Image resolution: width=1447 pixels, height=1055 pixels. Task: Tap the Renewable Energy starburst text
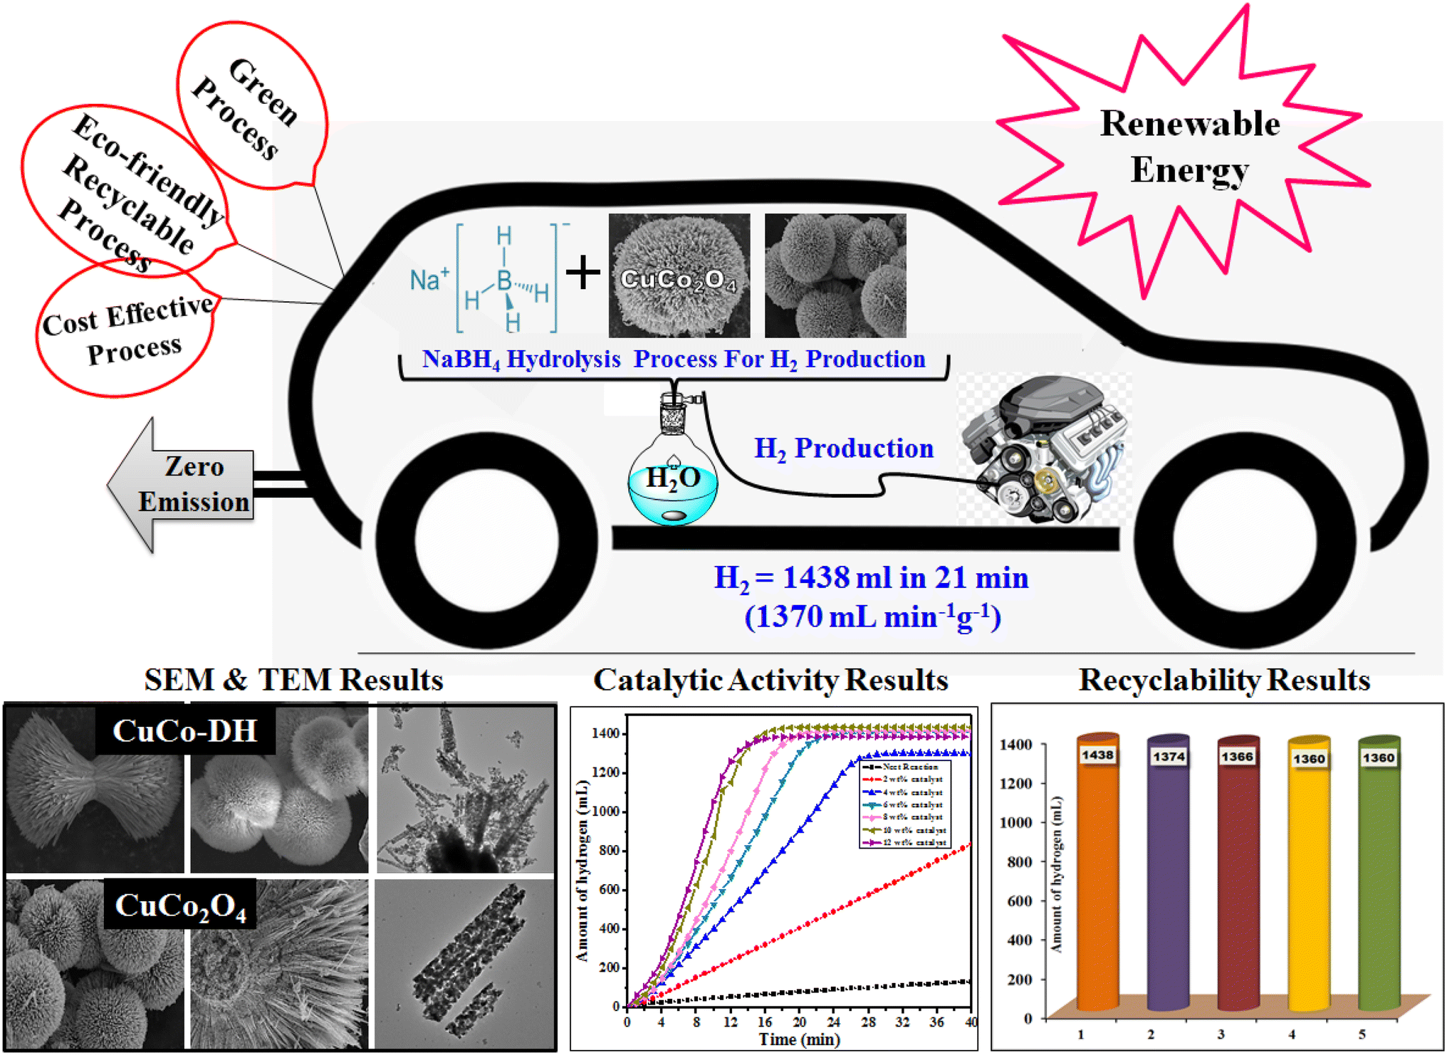pos(1189,147)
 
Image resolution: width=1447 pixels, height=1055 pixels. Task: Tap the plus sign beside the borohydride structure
pos(583,273)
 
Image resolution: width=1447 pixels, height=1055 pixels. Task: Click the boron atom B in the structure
pos(504,280)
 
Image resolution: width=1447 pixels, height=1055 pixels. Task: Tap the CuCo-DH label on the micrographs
pos(185,730)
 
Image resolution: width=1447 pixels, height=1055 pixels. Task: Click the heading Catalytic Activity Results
pos(770,680)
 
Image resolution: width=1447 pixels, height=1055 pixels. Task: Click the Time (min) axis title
pos(799,1039)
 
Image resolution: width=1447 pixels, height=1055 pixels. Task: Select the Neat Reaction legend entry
pos(908,767)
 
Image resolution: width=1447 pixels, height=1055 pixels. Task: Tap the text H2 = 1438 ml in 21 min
pos(871,578)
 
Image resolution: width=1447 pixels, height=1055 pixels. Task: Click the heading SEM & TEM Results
pos(293,680)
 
